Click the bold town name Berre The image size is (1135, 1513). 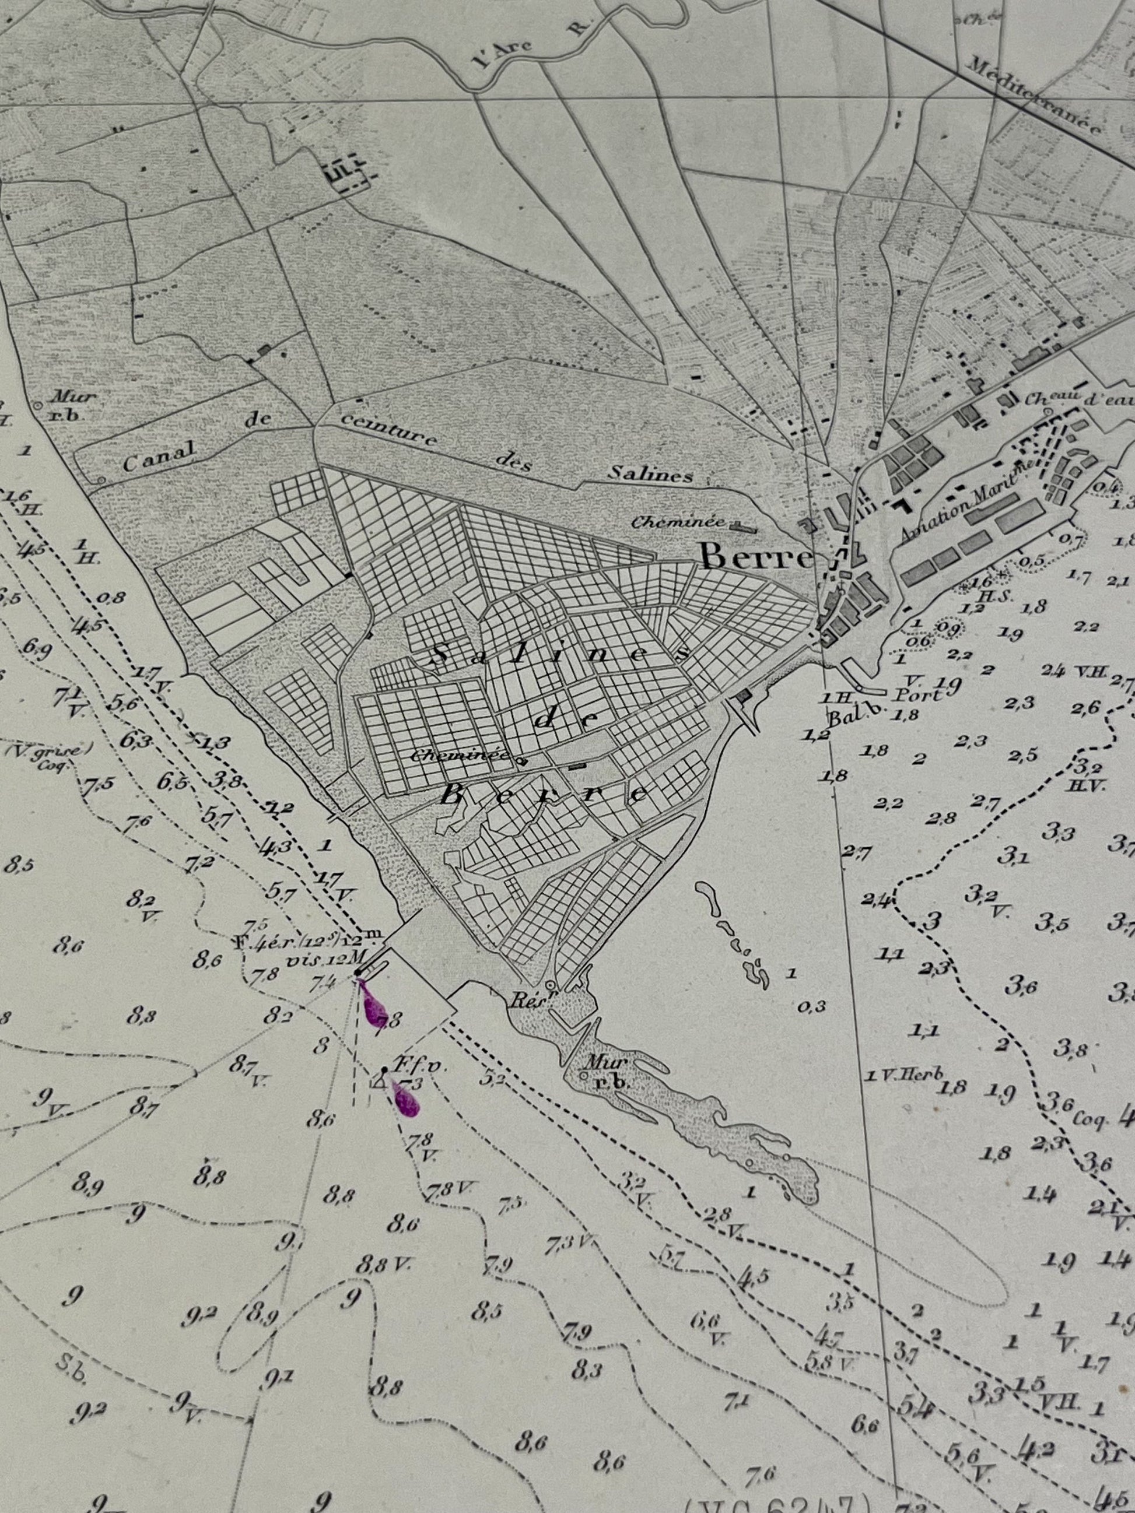[755, 557]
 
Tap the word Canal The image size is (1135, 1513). [159, 455]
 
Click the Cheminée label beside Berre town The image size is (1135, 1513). [677, 522]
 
